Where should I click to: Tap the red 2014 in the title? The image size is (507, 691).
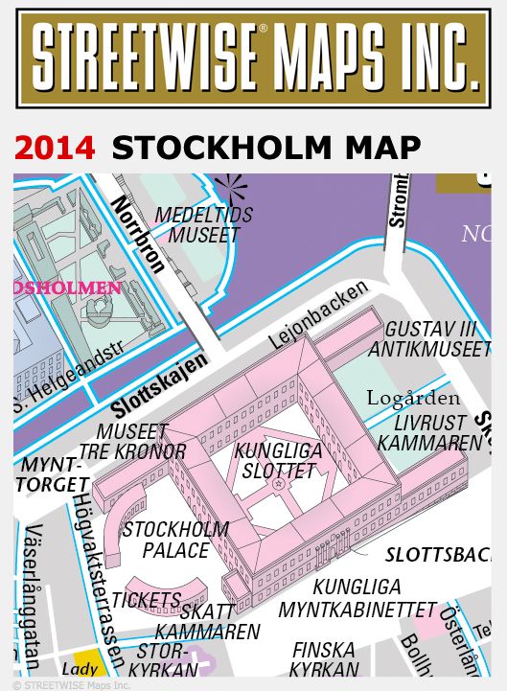tap(55, 148)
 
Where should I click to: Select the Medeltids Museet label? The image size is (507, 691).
tap(203, 224)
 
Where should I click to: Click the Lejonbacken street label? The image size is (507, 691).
tap(318, 315)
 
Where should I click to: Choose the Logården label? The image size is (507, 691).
tap(413, 398)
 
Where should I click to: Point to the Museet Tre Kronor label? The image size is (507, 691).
tap(133, 442)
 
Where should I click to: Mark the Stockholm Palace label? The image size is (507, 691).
tap(176, 540)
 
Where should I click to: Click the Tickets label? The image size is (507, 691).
tap(146, 600)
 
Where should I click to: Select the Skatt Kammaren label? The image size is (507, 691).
tap(207, 621)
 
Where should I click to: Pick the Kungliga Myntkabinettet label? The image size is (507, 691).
tap(357, 598)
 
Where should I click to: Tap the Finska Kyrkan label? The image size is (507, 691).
tap(324, 660)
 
